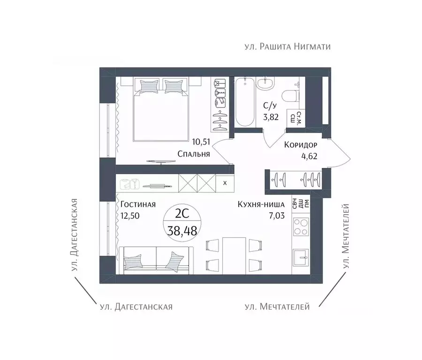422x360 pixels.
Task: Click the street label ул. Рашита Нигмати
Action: click(287, 47)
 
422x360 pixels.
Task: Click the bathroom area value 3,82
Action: click(271, 117)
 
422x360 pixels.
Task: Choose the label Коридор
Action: click(301, 145)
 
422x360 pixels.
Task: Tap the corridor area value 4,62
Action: click(309, 156)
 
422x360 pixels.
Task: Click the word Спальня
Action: click(194, 154)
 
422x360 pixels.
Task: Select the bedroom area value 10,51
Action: click(201, 142)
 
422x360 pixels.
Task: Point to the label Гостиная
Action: click(138, 204)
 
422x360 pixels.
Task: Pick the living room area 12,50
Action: click(130, 216)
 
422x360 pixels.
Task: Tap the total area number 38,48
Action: click(182, 231)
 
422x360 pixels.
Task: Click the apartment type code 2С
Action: click(182, 214)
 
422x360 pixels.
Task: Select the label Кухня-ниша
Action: click(261, 204)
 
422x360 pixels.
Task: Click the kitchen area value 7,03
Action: click(277, 216)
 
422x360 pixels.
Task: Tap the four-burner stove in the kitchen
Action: click(301, 227)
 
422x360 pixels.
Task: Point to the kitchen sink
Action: click(301, 257)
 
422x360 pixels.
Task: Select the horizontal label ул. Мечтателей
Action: click(277, 307)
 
